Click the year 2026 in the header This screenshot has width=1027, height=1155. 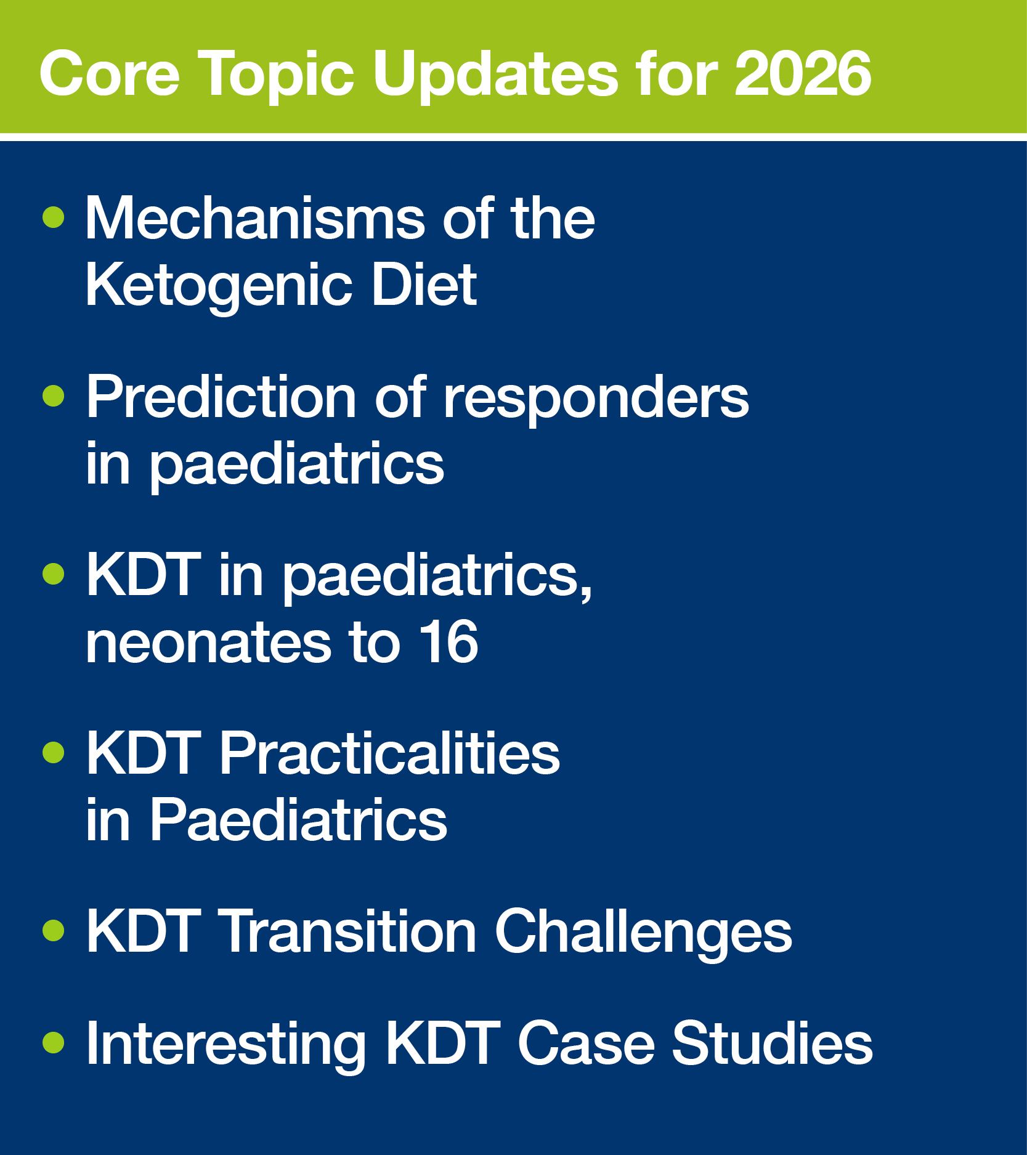[x=803, y=74]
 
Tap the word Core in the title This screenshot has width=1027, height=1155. [x=110, y=74]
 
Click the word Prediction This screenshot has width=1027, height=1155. [x=221, y=397]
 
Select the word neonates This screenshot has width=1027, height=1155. [x=208, y=643]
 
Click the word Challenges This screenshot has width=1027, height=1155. [x=644, y=935]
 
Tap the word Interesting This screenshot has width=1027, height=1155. [x=226, y=1046]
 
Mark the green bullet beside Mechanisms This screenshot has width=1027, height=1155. [x=54, y=217]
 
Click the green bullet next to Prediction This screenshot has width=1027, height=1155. [x=54, y=395]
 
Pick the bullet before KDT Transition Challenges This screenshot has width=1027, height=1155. [x=54, y=930]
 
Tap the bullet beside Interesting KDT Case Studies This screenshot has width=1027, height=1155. [x=54, y=1042]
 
